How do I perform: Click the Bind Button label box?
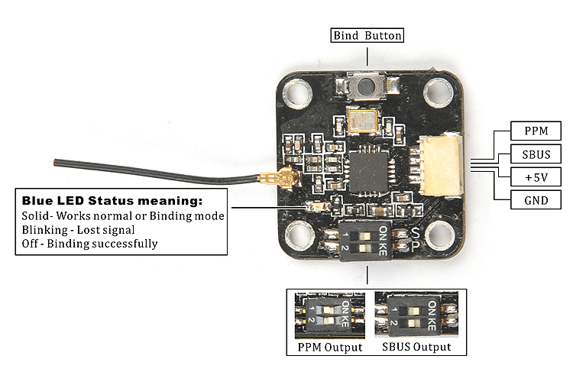[367, 35]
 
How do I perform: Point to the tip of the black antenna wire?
[54, 163]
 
